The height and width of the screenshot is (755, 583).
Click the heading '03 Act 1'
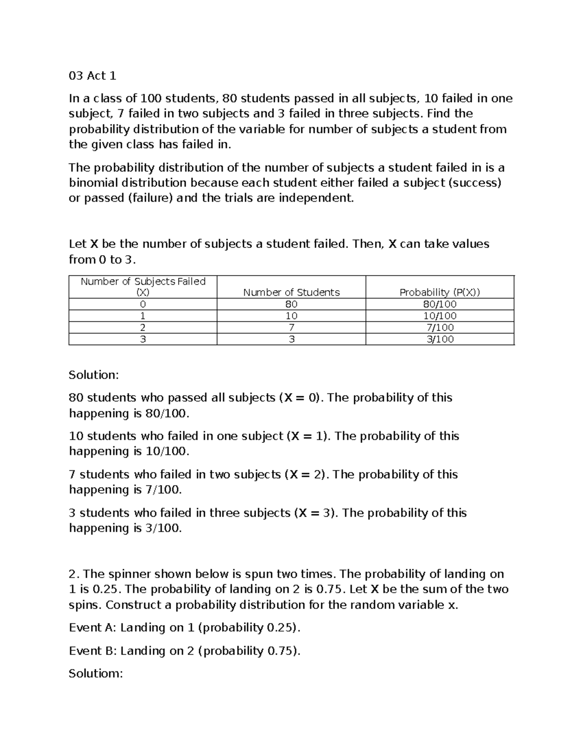92,76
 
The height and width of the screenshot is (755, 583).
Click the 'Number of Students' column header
291,292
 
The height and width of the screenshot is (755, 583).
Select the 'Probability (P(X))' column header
440,292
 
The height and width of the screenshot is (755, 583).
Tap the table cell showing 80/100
440,304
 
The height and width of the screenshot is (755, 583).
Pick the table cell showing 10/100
440,316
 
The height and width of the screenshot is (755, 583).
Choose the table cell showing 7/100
440,328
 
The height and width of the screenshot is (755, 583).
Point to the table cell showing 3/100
440,339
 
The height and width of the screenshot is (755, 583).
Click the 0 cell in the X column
143,304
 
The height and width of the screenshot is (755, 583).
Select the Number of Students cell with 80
291,304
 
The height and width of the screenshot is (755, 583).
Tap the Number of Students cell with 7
291,328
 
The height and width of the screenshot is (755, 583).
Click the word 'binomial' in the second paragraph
93,183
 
